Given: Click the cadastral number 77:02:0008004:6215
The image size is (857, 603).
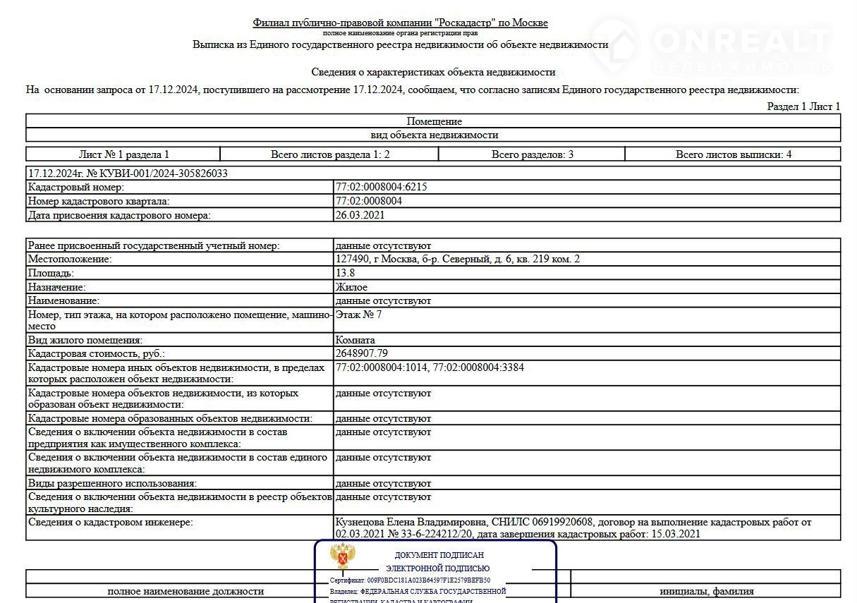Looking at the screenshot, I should [x=381, y=187].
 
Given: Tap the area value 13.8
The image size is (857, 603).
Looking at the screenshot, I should [x=345, y=273].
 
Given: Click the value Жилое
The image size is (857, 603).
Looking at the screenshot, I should [x=351, y=287].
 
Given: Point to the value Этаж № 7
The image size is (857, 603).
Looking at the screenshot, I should [x=358, y=314].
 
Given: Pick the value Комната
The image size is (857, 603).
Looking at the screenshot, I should [x=355, y=340].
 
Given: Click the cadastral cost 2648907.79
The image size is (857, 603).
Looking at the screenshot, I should [x=362, y=353].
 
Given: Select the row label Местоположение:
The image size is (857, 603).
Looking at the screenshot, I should [x=70, y=260].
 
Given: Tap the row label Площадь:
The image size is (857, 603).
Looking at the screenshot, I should [x=51, y=273].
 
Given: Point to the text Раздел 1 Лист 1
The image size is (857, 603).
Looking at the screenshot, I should [x=803, y=106].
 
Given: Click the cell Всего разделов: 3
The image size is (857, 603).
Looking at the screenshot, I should [x=532, y=154].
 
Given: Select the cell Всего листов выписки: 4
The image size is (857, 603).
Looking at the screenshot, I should [x=733, y=154].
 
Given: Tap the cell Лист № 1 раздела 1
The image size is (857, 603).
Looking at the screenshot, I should [x=123, y=154].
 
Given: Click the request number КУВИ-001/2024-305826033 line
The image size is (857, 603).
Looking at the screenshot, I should [x=128, y=173].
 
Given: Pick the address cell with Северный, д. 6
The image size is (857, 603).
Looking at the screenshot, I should [x=458, y=260].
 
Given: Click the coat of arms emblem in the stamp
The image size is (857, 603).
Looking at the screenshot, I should [x=343, y=556].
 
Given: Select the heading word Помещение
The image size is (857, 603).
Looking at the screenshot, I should [x=434, y=121].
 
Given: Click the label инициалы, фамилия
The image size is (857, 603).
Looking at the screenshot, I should [x=706, y=591].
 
